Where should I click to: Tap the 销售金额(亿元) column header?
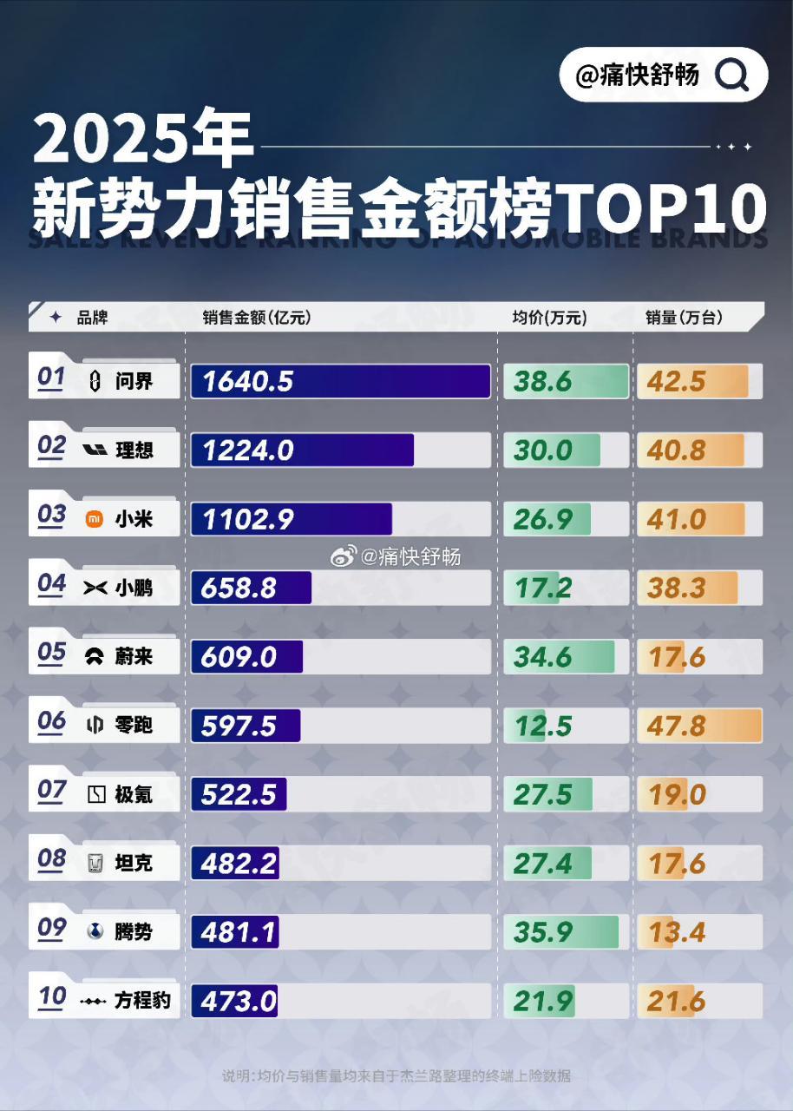256,318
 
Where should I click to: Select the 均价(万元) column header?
549,318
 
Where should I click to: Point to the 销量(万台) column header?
684,318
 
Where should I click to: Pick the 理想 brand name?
134,450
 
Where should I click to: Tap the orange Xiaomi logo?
94,520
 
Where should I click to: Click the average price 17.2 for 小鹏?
543,588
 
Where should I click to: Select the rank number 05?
52,654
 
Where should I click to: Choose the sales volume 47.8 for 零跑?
677,726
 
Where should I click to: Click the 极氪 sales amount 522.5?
239,794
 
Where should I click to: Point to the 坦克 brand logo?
95,864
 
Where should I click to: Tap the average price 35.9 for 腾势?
543,932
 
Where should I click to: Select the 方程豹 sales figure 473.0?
239,1002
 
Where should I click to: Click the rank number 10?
52,997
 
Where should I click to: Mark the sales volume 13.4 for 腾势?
677,932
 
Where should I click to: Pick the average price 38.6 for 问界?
543,381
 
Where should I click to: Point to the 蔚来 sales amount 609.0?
239,657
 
